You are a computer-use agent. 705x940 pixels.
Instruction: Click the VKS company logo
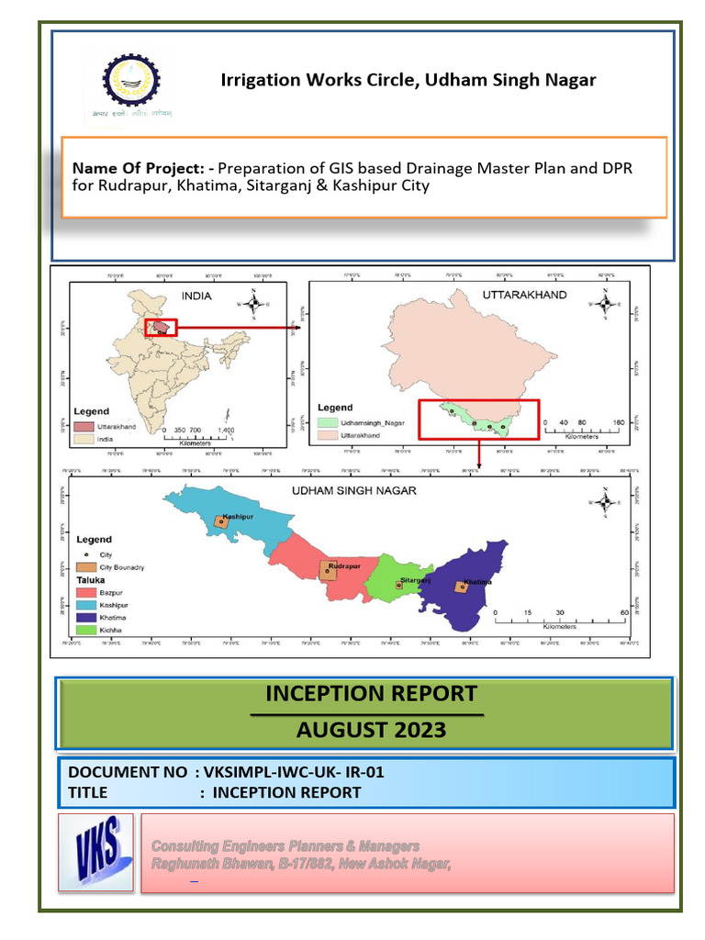click(95, 852)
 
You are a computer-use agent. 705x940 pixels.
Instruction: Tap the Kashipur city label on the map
click(237, 517)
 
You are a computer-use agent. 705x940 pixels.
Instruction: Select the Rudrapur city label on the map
click(341, 565)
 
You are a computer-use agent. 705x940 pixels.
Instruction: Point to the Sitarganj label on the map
click(414, 580)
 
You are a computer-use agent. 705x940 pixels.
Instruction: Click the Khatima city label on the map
click(477, 582)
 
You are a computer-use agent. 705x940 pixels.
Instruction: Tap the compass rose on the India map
click(254, 304)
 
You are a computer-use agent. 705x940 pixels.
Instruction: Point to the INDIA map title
click(196, 297)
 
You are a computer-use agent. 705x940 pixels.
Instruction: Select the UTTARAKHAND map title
click(524, 296)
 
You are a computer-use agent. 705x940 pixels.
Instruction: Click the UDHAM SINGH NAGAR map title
click(353, 490)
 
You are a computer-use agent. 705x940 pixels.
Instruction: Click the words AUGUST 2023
click(371, 730)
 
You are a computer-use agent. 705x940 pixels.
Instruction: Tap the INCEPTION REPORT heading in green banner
click(371, 692)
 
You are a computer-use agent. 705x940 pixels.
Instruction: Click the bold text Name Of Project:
click(143, 169)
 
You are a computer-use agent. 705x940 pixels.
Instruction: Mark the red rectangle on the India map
click(162, 328)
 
